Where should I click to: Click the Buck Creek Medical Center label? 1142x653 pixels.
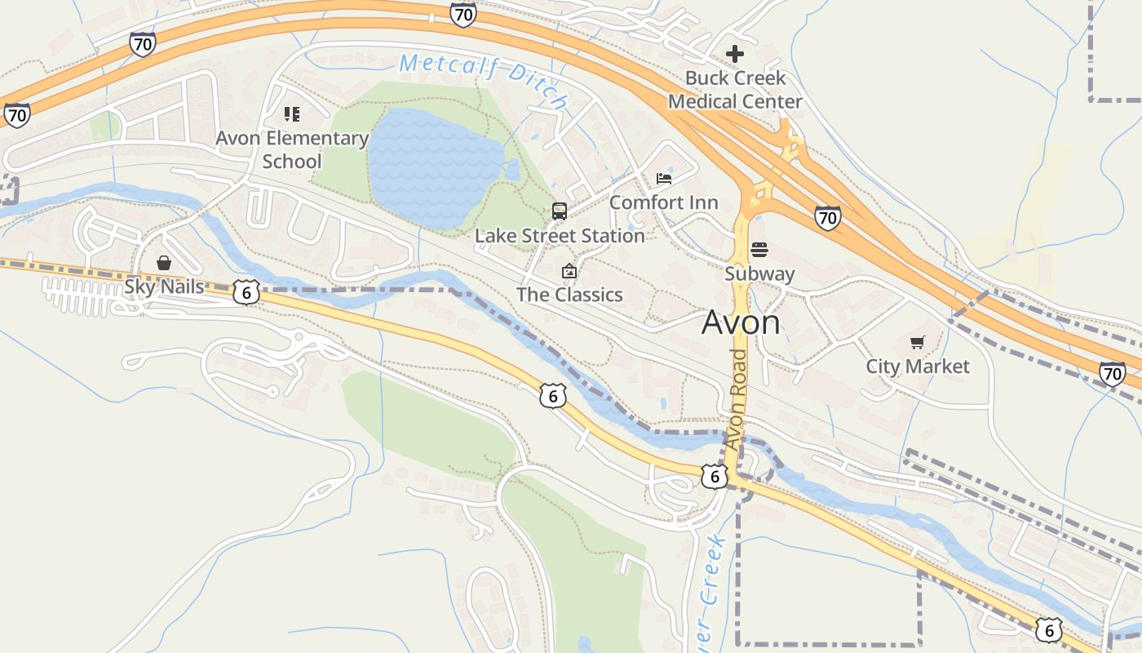point(735,90)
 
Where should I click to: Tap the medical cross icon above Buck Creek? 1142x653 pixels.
point(735,54)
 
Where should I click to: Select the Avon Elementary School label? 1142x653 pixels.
point(292,149)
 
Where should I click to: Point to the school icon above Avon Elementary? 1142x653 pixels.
point(292,114)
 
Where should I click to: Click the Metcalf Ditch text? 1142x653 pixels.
point(484,80)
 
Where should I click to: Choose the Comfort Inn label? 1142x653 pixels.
point(664,202)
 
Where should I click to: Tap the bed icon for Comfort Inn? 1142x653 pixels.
point(664,179)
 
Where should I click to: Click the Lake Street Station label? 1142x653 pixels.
point(560,236)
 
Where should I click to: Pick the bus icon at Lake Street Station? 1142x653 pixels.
point(560,211)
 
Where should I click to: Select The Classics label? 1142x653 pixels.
point(569,295)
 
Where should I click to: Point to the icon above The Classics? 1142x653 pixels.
point(569,271)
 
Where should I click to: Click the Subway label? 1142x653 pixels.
point(759,273)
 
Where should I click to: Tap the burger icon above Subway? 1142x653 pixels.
point(759,250)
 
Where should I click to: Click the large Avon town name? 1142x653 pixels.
point(741,322)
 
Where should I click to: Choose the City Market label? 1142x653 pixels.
point(918,366)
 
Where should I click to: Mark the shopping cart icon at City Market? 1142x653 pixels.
point(918,343)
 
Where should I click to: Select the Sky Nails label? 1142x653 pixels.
point(164,287)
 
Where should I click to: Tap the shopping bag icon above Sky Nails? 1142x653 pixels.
point(164,263)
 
